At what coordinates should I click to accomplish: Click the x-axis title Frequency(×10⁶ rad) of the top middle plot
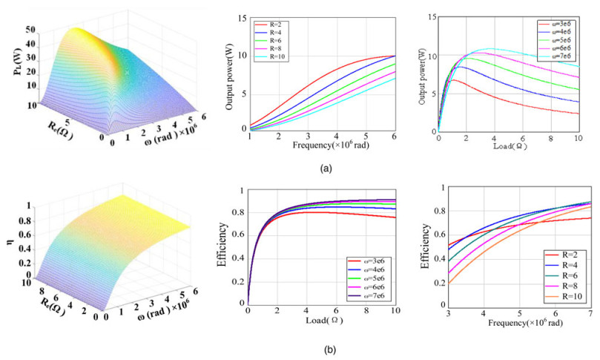(320, 146)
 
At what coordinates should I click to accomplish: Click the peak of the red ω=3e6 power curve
(454, 80)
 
